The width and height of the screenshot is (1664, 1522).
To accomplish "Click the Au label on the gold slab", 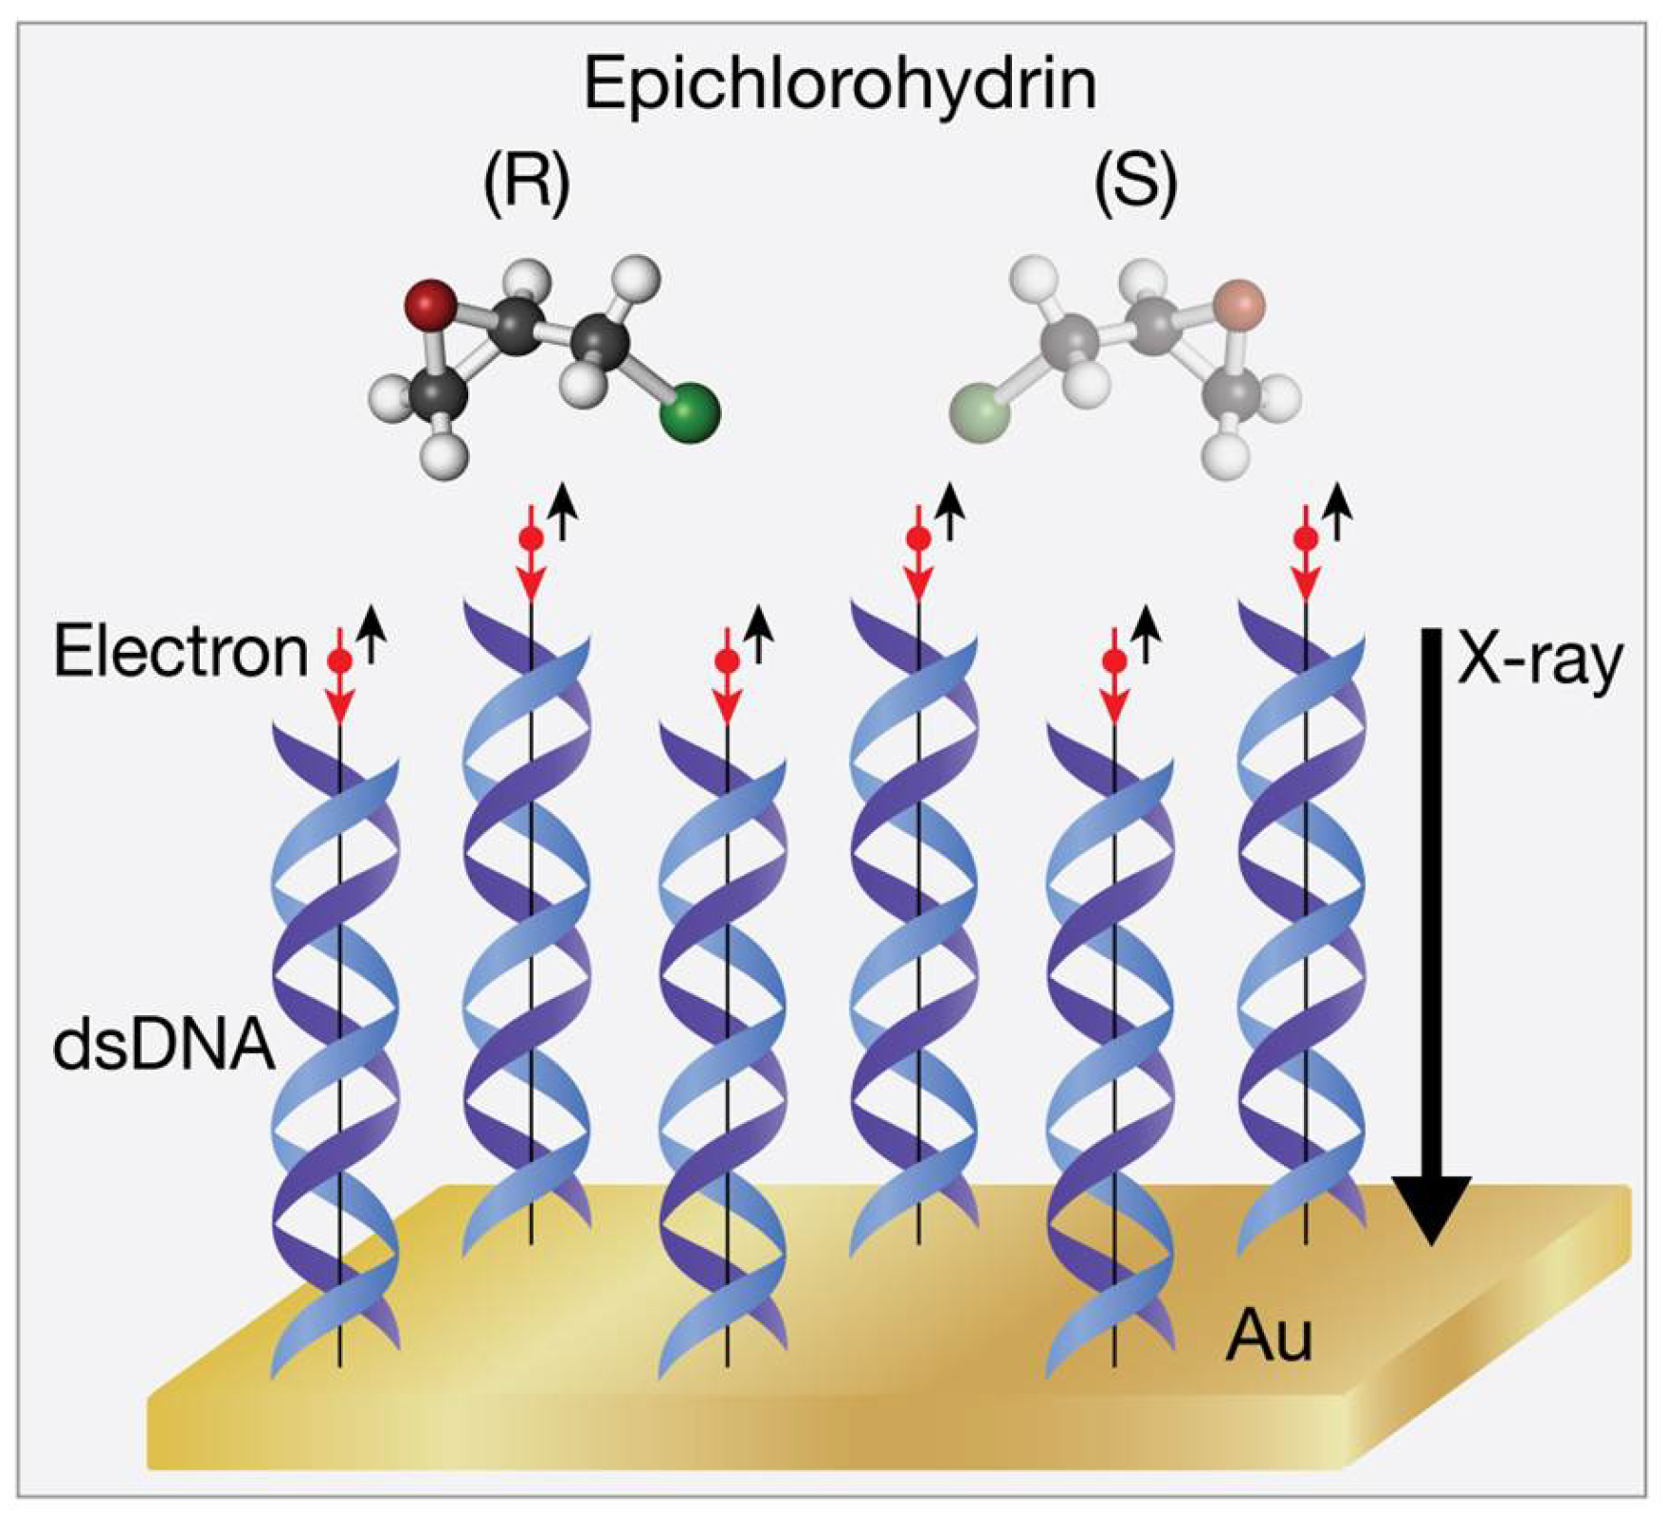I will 1269,1336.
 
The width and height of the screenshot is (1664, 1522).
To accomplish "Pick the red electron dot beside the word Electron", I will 339,660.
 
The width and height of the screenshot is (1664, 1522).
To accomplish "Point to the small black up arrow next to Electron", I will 371,633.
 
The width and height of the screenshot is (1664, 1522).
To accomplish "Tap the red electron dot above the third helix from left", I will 727,660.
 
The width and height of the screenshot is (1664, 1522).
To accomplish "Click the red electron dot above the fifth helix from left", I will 1114,660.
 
